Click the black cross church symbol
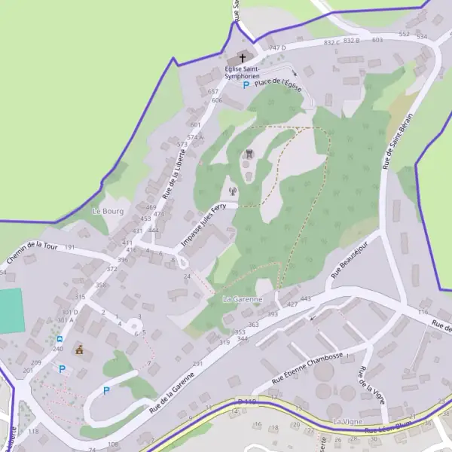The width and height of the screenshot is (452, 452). (243, 58)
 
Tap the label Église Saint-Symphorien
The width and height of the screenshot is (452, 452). (243, 72)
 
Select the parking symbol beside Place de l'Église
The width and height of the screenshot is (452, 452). (246, 84)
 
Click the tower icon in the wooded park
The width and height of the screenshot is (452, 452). (248, 154)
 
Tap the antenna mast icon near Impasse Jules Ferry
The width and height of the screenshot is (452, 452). (233, 191)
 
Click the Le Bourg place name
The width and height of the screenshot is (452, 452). (107, 211)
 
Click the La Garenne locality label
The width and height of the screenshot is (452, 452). (243, 299)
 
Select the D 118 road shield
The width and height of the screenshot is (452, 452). (246, 402)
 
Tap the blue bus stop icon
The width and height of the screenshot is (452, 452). (60, 339)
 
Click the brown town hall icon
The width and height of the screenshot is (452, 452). (79, 350)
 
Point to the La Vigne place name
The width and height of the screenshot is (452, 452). (348, 421)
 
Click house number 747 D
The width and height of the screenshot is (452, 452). (278, 48)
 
